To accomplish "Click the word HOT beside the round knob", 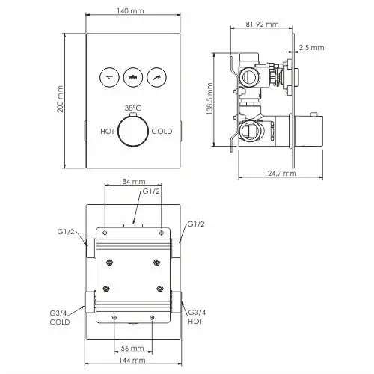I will [107, 131].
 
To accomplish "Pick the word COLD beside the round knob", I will [162, 131].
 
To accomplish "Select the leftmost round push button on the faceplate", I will [110, 75].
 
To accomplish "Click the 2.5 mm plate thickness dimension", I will [317, 46].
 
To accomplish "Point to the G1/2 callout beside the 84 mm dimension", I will [152, 191].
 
